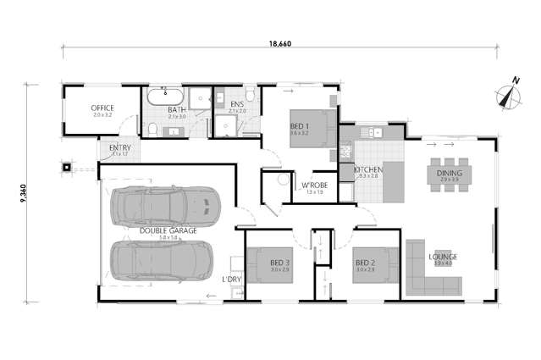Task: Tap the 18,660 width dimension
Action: click(279, 42)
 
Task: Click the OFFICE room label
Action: click(102, 108)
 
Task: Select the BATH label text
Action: click(177, 109)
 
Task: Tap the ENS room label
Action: click(237, 106)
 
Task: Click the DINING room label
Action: click(448, 173)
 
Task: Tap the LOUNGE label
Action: click(443, 257)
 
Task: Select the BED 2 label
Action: click(365, 262)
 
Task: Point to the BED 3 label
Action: click(279, 263)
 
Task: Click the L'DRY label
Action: click(232, 279)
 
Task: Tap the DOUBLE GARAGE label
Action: click(169, 230)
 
